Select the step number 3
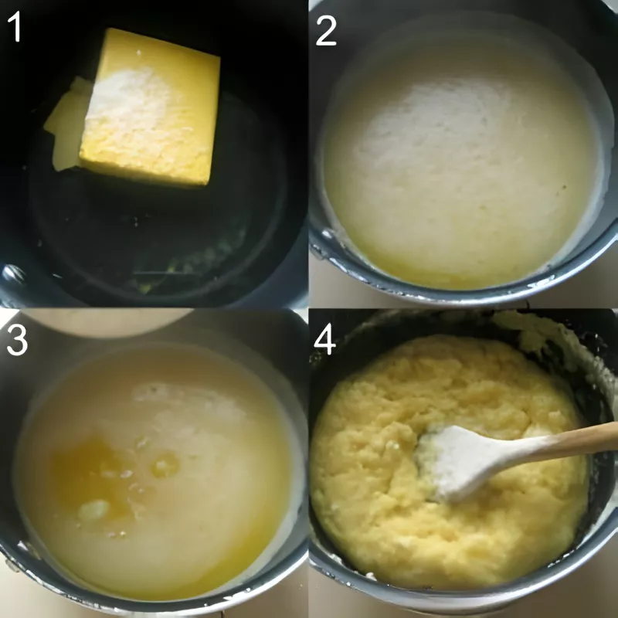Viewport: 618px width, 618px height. (17, 339)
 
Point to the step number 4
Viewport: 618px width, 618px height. (324, 339)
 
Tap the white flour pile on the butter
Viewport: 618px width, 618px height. (127, 100)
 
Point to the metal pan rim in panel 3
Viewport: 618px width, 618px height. (154, 599)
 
